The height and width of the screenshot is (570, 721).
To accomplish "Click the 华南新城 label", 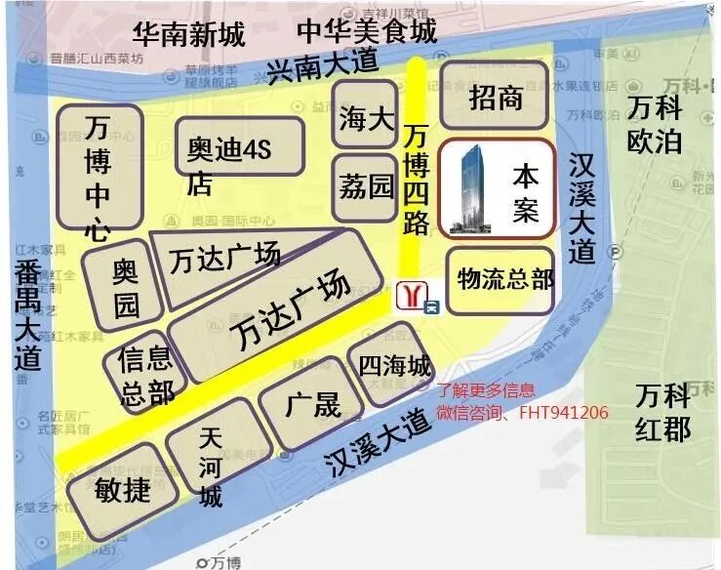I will (x=189, y=37).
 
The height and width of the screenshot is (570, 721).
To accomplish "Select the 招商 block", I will (x=496, y=97).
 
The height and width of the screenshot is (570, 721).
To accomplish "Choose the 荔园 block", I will (x=366, y=184).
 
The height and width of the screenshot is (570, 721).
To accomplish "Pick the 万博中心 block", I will (x=99, y=174).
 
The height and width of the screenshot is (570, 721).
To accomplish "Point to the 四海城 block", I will (x=393, y=366).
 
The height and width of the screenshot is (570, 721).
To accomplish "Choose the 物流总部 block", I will (x=504, y=280).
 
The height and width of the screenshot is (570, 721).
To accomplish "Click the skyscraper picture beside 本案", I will (x=475, y=187).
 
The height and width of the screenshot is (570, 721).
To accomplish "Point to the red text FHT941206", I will (x=563, y=413).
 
